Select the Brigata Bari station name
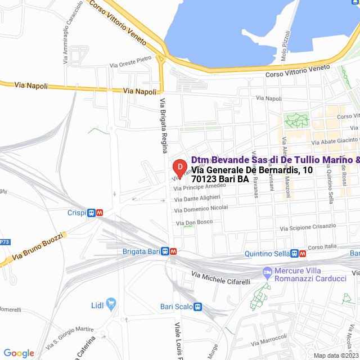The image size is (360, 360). (141, 251)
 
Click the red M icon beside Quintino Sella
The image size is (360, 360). (303, 254)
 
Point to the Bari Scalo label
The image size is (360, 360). (176, 307)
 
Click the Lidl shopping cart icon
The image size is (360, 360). (111, 304)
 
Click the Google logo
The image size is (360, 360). (19, 353)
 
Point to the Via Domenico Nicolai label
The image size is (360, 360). (201, 209)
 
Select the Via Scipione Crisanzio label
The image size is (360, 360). (307, 227)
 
